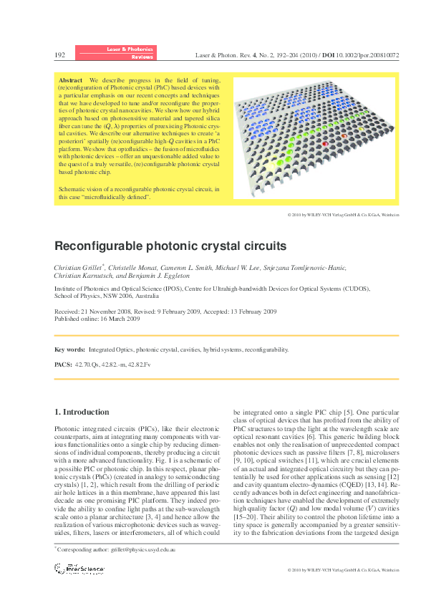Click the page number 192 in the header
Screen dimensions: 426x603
pyautogui.click(x=60, y=54)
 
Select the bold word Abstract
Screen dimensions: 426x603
pyautogui.click(x=71, y=80)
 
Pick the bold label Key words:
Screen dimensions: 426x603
pyautogui.click(x=69, y=349)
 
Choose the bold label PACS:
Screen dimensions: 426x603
pyautogui.click(x=63, y=365)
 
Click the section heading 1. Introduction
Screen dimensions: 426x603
pyautogui.click(x=82, y=413)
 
